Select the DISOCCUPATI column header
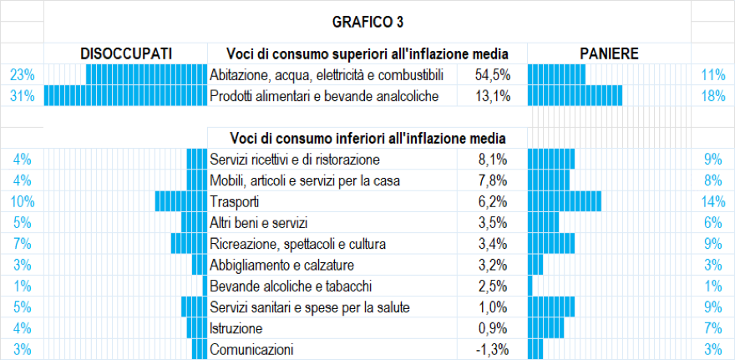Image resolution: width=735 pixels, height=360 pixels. pyautogui.click(x=126, y=53)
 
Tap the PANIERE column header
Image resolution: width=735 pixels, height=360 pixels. pyautogui.click(x=609, y=53)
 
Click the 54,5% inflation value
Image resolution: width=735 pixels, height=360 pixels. pyautogui.click(x=492, y=75)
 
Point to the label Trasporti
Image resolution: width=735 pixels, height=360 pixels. pyautogui.click(x=235, y=202)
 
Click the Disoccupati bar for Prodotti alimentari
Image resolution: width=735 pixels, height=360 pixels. pyautogui.click(x=125, y=96)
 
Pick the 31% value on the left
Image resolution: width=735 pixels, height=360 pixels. pyautogui.click(x=22, y=96)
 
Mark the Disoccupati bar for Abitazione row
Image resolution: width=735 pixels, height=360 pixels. pyautogui.click(x=146, y=75)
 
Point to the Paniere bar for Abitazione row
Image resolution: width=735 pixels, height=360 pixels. pyautogui.click(x=556, y=75)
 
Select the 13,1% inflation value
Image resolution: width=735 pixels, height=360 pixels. pyautogui.click(x=492, y=96)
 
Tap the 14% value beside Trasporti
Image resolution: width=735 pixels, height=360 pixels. pyautogui.click(x=712, y=202)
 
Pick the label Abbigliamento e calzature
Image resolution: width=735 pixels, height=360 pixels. pyautogui.click(x=282, y=266)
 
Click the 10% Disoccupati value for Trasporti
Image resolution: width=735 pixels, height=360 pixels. pyautogui.click(x=22, y=202)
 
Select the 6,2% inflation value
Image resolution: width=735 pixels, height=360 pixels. pyautogui.click(x=494, y=202)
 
